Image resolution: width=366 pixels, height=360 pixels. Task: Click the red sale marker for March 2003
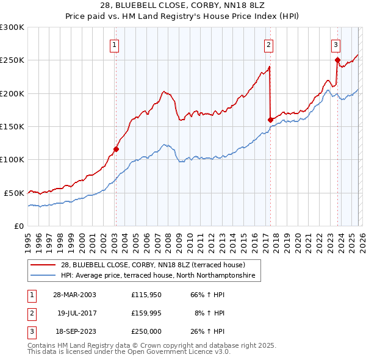pos(116,149)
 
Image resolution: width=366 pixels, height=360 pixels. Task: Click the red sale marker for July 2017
pos(270,120)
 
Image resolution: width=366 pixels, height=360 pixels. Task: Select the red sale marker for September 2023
pos(337,60)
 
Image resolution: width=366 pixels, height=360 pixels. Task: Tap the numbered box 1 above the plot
pos(115,44)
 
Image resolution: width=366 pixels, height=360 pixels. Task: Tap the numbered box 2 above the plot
pos(268,44)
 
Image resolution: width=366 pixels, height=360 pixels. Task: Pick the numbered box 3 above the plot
pos(335,44)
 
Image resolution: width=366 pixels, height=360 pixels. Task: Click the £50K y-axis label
pos(14,192)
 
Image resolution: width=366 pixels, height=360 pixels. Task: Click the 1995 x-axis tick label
pos(28,239)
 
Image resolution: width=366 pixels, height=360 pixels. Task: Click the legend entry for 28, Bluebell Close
pos(152,265)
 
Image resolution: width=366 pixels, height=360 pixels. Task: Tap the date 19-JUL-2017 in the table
pos(77,313)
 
